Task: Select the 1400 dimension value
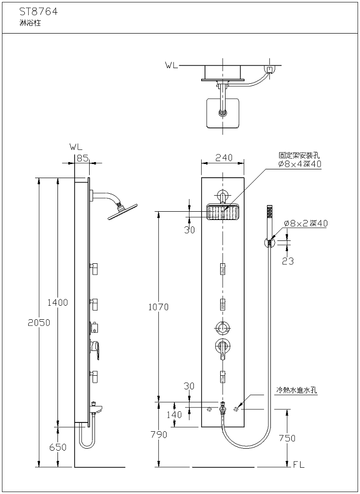pos(57,302)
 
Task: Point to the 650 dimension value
pos(57,448)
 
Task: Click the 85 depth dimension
pos(82,157)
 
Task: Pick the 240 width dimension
pos(223,158)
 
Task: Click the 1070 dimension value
pos(158,307)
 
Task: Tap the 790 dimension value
pos(158,435)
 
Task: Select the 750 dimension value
pos(287,438)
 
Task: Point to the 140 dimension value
pos(174,415)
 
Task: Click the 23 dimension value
pos(288,261)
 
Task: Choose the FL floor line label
pos(299,465)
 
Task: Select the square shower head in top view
pos(224,113)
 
